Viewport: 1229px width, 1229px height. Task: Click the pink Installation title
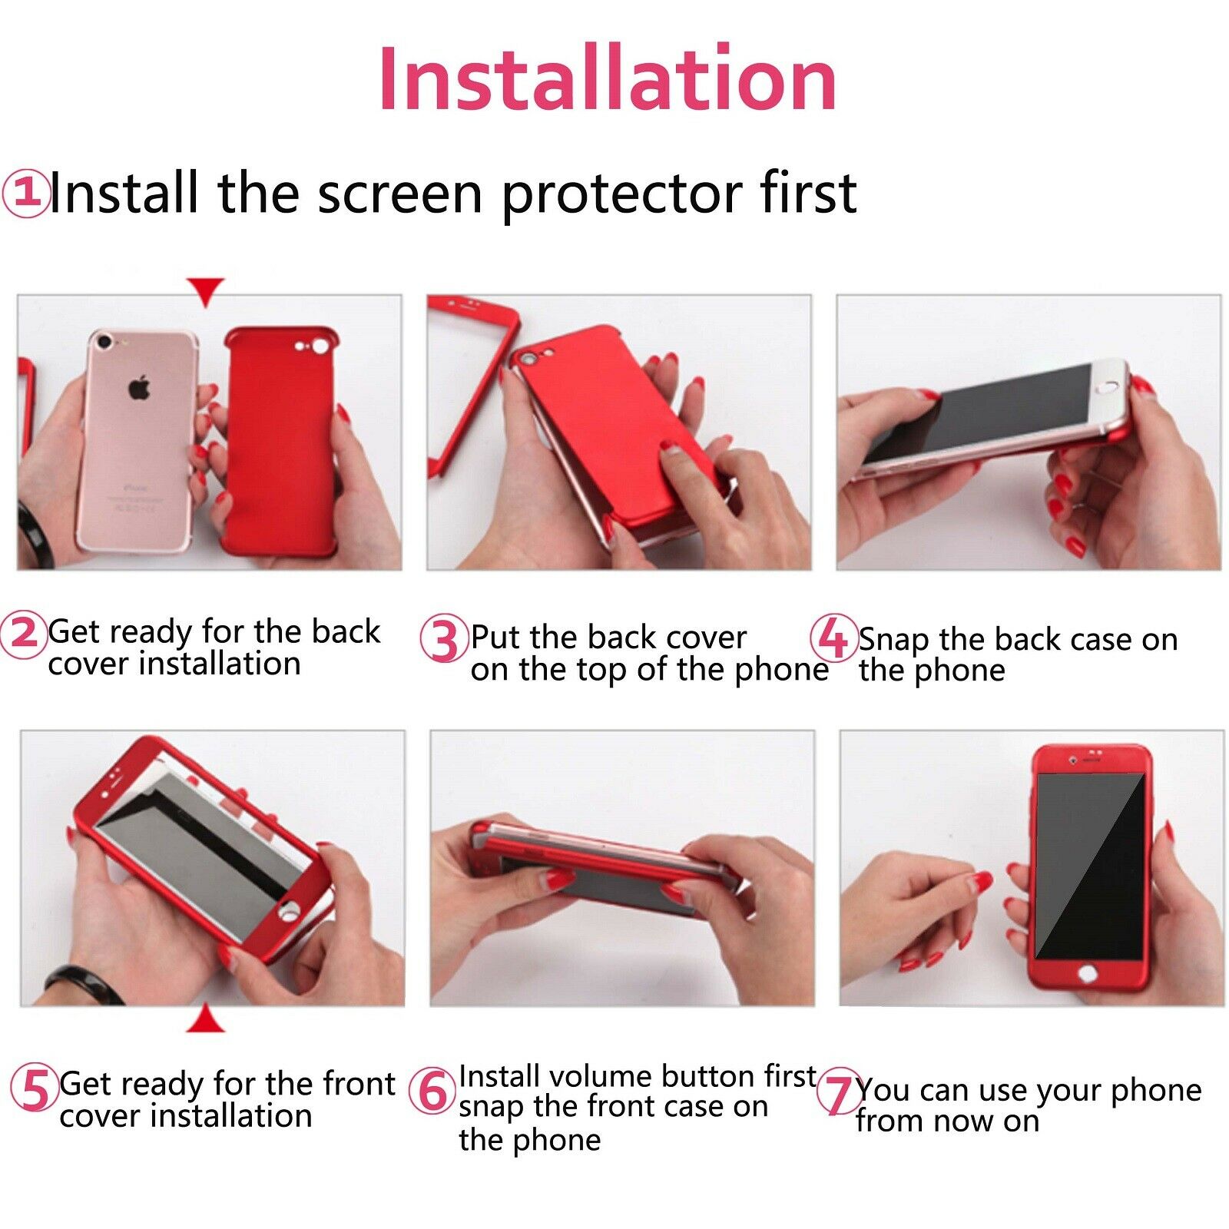tap(608, 79)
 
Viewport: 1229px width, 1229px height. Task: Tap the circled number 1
tap(25, 194)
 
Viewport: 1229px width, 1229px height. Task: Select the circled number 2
tap(23, 634)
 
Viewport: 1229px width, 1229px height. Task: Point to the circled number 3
tap(444, 638)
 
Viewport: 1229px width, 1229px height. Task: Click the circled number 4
tap(833, 638)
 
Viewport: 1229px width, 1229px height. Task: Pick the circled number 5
tap(35, 1088)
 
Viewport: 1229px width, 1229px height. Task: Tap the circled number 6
tap(432, 1092)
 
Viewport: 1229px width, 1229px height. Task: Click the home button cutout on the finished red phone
tap(1085, 974)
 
